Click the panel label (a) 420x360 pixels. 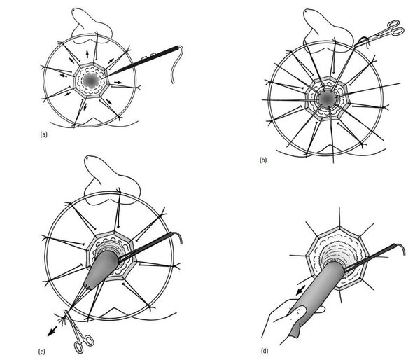coord(43,134)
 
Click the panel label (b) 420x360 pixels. coord(263,160)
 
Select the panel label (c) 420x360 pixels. coord(41,352)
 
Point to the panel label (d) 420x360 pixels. coord(265,351)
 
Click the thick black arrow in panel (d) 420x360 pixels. coord(301,290)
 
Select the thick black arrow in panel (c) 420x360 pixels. coord(52,331)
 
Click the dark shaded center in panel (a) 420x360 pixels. coord(90,80)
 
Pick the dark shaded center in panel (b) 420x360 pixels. coord(327,98)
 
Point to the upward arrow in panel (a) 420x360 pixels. coord(87,54)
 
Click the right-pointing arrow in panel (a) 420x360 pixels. coord(118,82)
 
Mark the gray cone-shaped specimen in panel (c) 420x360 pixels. coord(101,270)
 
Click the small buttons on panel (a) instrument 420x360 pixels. coord(148,56)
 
